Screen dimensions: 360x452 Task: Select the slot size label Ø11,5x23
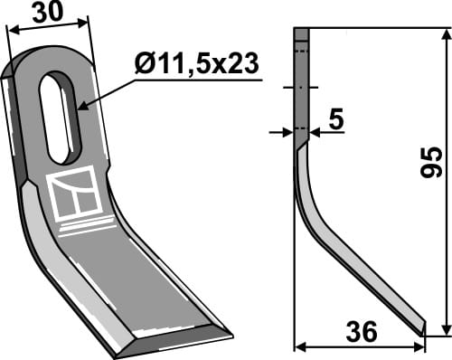coord(195,64)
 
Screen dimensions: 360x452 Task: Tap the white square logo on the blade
coord(73,192)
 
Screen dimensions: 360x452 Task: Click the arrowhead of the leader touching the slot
coord(80,108)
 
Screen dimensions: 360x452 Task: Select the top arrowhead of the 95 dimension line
coord(443,33)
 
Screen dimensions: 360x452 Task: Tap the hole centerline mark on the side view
coord(302,89)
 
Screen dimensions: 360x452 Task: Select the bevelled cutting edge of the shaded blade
coord(172,335)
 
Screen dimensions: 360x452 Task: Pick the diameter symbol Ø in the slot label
coord(142,64)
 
